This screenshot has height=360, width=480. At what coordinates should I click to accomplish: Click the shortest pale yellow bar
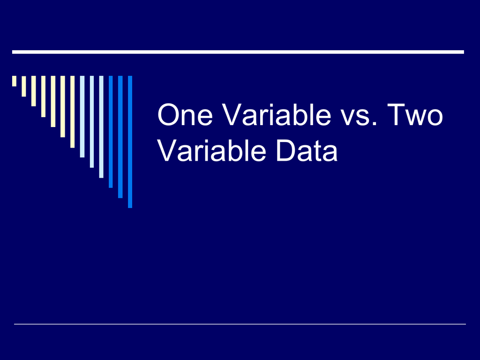14,81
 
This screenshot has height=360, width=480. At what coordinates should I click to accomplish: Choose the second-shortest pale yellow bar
24,86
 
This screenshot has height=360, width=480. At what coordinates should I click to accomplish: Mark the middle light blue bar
92,121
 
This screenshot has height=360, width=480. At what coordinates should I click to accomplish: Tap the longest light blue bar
101,127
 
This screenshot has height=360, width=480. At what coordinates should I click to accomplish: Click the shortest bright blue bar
111,132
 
